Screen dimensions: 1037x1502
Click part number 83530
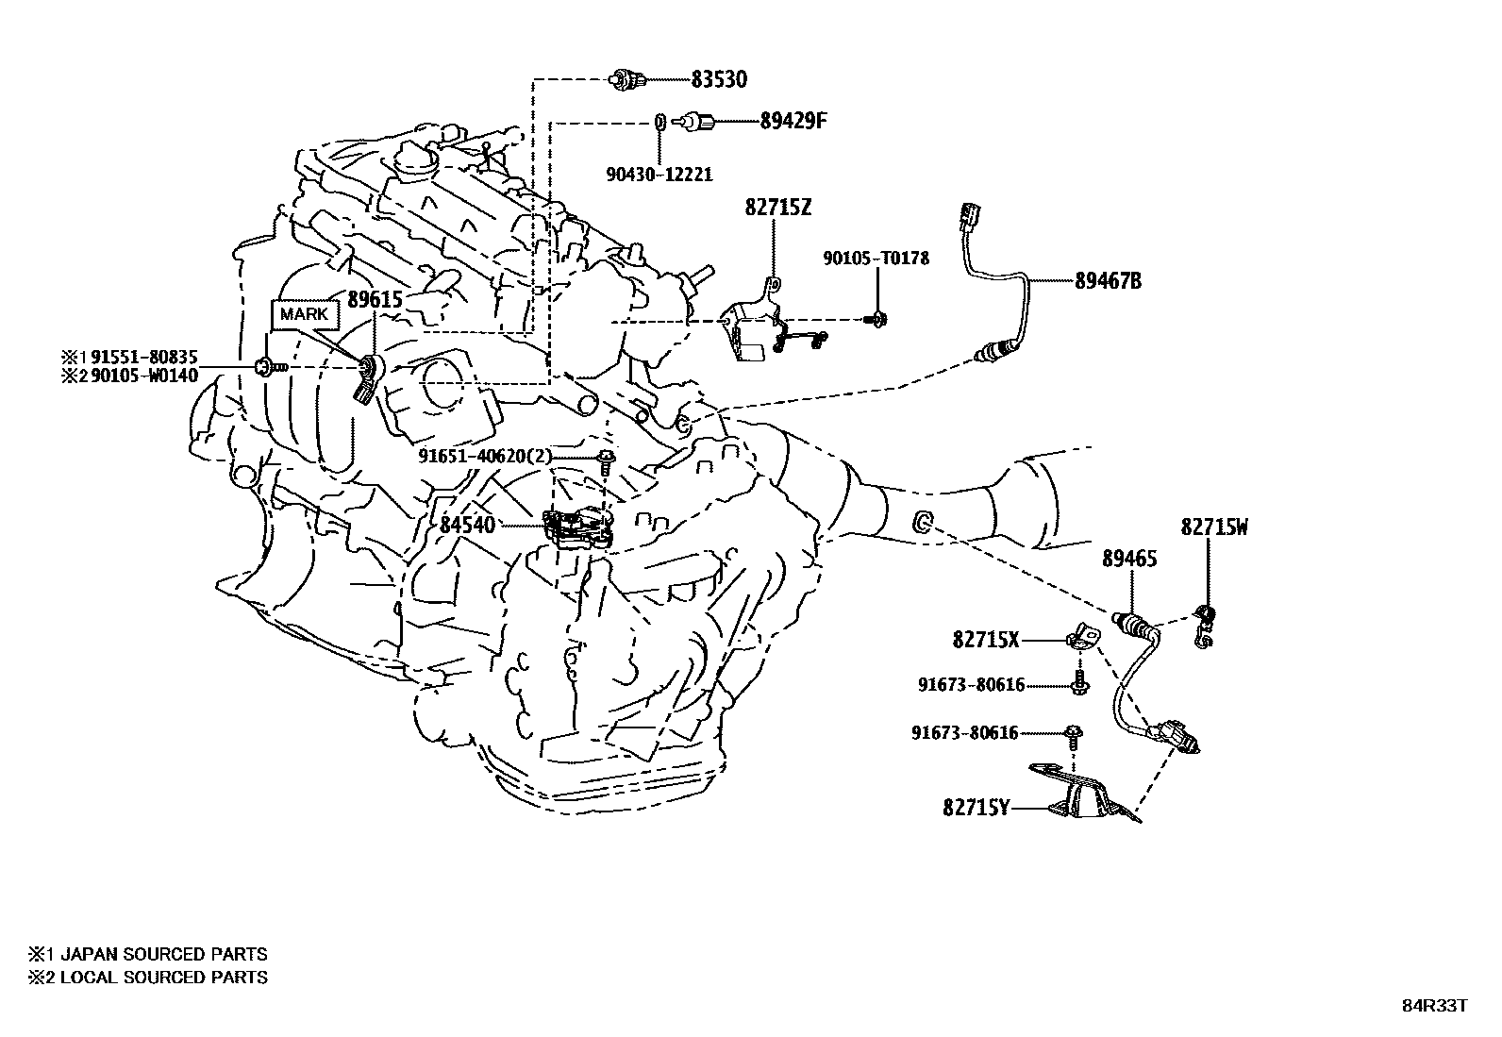718,79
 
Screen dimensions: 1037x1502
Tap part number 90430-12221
659,175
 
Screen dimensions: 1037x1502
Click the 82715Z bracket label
777,209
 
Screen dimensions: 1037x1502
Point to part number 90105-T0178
875,258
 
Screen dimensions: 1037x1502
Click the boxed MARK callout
303,314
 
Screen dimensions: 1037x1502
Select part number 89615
375,299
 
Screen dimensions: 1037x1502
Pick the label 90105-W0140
143,374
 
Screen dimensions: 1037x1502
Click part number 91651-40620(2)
485,457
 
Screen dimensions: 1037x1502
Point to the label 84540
467,524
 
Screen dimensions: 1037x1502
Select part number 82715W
1214,527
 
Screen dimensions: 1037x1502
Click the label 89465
1129,559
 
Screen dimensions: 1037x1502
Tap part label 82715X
986,640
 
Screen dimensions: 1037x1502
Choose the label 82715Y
976,808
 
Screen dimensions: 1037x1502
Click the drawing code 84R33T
1435,1005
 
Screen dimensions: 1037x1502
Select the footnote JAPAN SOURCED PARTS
161,954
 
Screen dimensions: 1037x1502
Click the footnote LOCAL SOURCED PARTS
161,978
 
